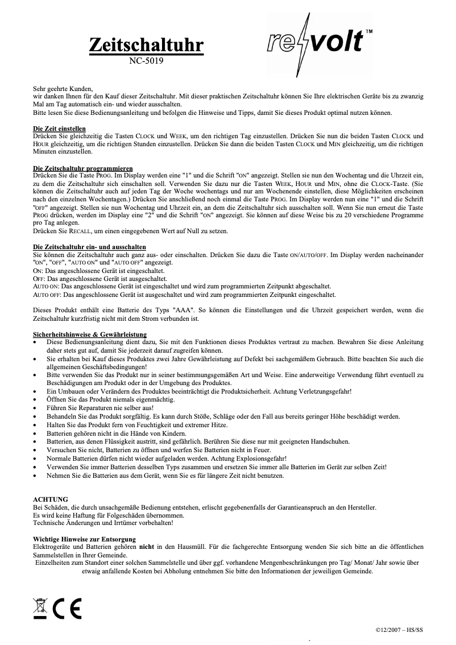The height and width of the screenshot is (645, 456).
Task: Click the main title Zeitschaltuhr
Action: pyautogui.click(x=146, y=46)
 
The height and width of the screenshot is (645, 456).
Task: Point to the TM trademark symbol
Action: pyautogui.click(x=369, y=30)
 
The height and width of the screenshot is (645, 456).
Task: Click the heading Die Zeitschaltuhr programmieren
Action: pyautogui.click(x=82, y=168)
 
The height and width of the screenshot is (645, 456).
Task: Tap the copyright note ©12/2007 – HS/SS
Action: pyautogui.click(x=400, y=630)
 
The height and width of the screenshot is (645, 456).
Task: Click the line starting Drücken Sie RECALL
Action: pyautogui.click(x=131, y=231)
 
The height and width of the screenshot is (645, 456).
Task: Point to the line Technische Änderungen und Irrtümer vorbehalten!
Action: pyautogui.click(x=103, y=522)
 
